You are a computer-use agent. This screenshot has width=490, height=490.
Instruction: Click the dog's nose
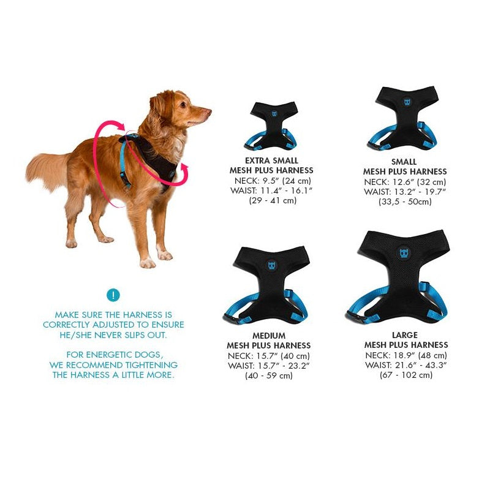point(209,111)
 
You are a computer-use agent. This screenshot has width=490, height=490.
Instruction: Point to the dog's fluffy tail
point(47,171)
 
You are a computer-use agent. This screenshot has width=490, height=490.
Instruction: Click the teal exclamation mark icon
point(113,295)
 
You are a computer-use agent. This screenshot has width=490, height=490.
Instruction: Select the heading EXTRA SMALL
point(271,160)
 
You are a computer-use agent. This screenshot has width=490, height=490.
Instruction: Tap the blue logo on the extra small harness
point(274,114)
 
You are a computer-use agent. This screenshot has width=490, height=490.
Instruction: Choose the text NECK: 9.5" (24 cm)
point(272,181)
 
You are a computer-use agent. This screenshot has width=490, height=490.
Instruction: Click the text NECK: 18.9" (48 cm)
point(406,355)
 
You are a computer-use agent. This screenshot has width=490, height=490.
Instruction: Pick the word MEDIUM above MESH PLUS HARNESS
point(269,336)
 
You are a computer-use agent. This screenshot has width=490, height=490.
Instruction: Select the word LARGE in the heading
point(405,335)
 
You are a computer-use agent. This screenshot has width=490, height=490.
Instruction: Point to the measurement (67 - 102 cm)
point(406,375)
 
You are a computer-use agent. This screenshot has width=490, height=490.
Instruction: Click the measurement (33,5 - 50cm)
point(405,202)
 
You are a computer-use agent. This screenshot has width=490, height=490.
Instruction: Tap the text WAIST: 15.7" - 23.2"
point(269,366)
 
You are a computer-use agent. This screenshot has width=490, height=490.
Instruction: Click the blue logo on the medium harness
point(272,266)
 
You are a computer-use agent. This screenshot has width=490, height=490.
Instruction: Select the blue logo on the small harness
point(407,102)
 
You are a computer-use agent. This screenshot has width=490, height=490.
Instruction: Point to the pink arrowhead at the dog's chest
point(185,170)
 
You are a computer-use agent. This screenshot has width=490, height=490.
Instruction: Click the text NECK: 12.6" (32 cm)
point(405,182)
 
